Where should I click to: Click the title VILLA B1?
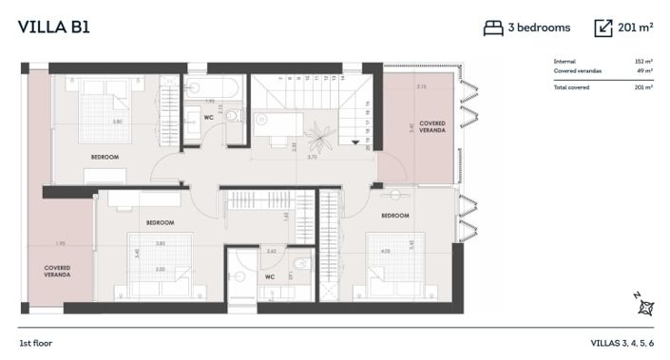coord(53,27)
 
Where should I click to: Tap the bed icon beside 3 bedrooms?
coord(492,28)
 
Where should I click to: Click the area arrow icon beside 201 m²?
coord(603,28)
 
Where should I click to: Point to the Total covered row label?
coord(571,87)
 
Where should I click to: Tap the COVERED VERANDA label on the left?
coord(57,271)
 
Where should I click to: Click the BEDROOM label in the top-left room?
coord(105,156)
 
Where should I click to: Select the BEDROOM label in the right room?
coord(394,216)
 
